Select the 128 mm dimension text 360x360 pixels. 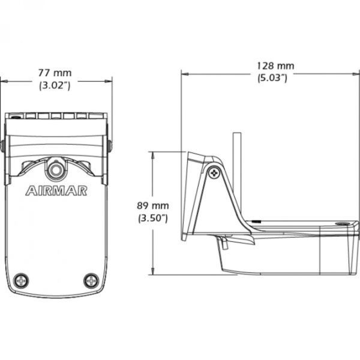pyautogui.click(x=276, y=65)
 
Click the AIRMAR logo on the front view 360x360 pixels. pyautogui.click(x=56, y=191)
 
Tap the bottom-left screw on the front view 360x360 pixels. pyautogui.click(x=21, y=280)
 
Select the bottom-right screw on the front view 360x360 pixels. pyautogui.click(x=91, y=280)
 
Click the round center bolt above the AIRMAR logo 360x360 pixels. pyautogui.click(x=56, y=169)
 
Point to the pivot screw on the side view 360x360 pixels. pyautogui.click(x=214, y=173)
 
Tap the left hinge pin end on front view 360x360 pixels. pyautogui.click(x=3, y=146)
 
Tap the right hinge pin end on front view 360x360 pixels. pyautogui.click(x=110, y=146)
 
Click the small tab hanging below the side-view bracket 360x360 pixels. pyautogui.click(x=223, y=244)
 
